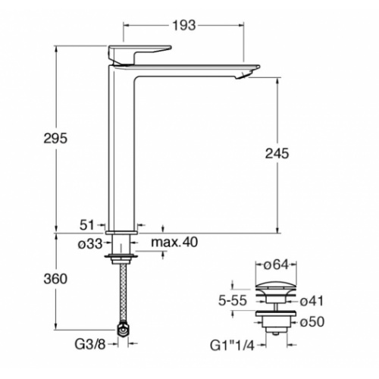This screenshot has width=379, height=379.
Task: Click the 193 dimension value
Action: (x=185, y=25)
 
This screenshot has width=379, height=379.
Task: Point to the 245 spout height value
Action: (x=277, y=153)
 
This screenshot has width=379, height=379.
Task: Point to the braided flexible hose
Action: (x=122, y=296)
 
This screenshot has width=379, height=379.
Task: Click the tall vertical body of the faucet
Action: (x=121, y=152)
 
